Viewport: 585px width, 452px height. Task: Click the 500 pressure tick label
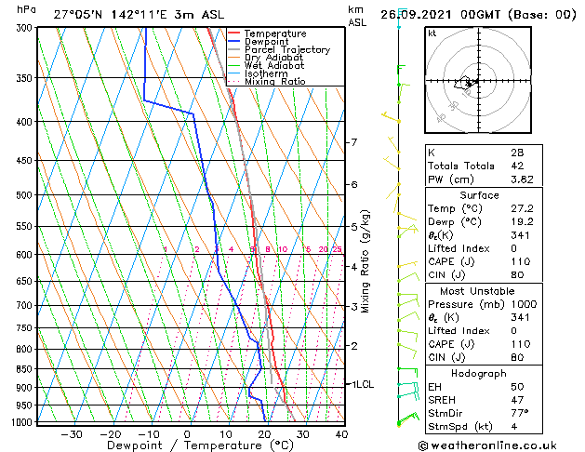25,195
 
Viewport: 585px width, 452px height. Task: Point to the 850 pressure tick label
25,369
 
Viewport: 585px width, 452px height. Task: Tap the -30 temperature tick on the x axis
72,433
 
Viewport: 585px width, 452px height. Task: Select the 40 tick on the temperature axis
341,433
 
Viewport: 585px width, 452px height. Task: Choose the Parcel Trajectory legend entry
286,50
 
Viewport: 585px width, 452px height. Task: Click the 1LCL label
361,383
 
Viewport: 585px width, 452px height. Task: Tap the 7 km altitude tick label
353,142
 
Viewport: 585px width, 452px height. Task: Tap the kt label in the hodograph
432,33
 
